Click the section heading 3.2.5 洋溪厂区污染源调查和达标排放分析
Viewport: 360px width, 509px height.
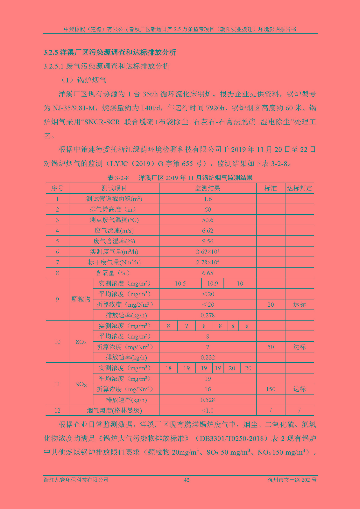pos(110,52)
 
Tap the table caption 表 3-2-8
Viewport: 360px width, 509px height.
pos(118,178)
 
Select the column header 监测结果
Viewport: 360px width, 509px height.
pos(208,188)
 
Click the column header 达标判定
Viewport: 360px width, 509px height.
pos(299,188)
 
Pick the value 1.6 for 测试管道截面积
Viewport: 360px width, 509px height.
pos(208,199)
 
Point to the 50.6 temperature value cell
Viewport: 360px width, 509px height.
pos(208,220)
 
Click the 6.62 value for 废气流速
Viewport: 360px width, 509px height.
pos(208,231)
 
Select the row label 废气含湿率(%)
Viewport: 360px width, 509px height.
pos(114,241)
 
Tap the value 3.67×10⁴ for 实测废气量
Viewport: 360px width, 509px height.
pos(208,252)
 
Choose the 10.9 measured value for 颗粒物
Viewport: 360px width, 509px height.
pos(213,283)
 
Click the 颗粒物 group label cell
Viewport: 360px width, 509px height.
pos(81,299)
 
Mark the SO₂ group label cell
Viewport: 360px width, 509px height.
pos(81,342)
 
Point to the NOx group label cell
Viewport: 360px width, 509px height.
pos(81,384)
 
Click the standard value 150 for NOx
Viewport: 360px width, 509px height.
pos(271,389)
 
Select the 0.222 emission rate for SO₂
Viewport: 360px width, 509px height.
pos(208,358)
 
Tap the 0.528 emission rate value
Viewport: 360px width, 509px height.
pos(208,400)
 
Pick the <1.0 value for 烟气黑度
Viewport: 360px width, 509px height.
pos(208,410)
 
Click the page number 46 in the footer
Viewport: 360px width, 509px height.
pos(187,480)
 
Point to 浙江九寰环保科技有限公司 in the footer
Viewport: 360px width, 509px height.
pos(76,480)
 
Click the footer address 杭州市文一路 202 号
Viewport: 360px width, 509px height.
pos(292,480)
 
